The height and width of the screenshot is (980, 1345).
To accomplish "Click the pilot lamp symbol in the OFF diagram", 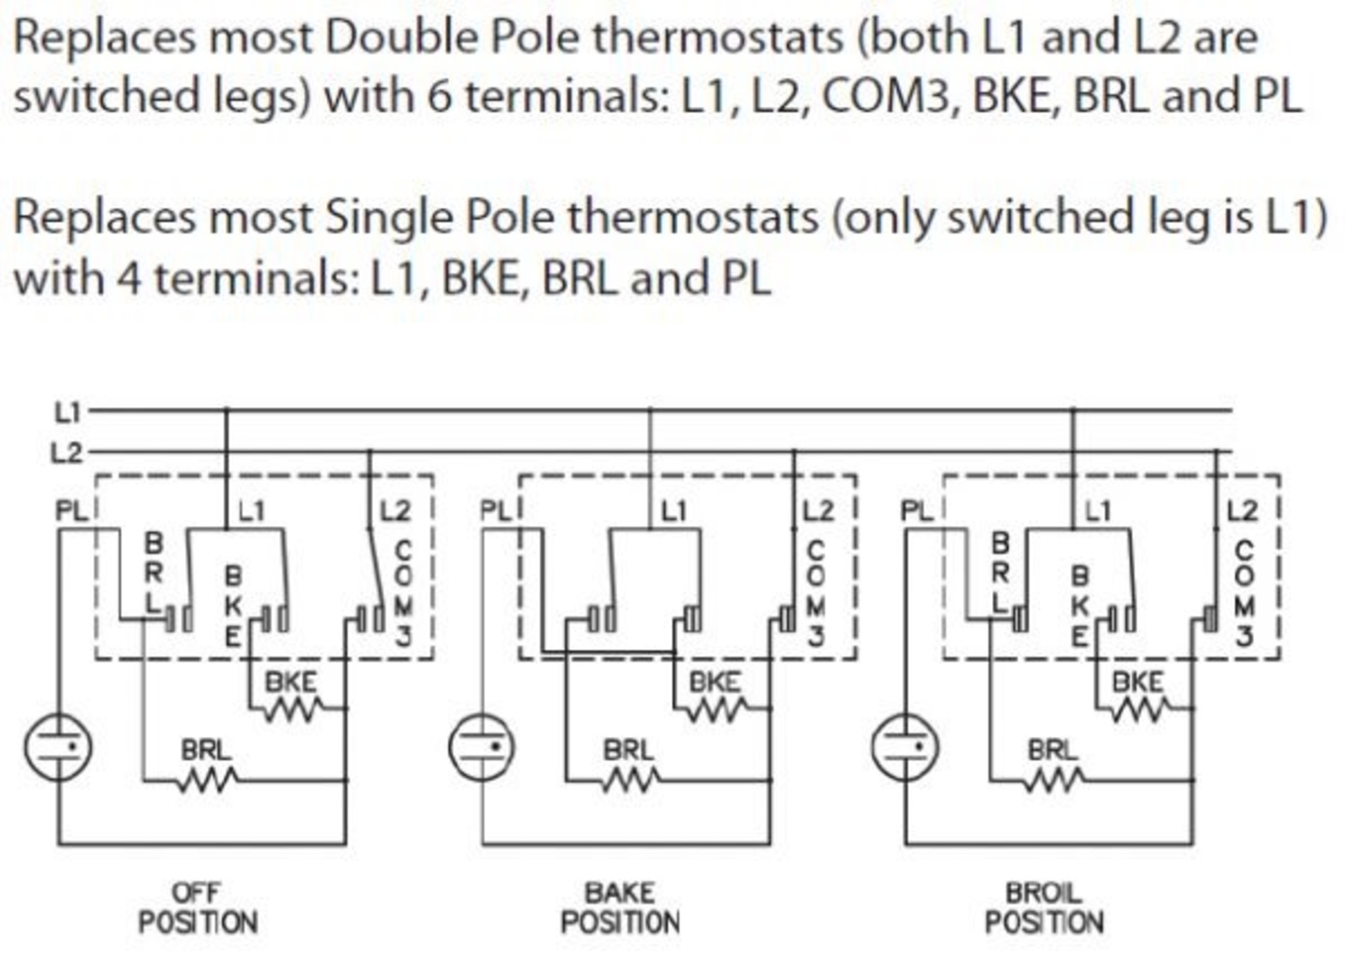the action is (x=58, y=747).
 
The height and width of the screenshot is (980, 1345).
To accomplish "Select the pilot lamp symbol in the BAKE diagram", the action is (x=482, y=747).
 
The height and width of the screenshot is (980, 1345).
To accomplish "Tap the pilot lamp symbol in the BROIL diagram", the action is (x=905, y=747).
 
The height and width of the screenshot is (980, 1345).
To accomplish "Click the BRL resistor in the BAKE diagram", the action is (x=631, y=781).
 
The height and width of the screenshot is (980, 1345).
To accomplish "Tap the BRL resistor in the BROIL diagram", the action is (x=1055, y=781).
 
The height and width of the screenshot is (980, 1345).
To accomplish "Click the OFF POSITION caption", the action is (x=198, y=908).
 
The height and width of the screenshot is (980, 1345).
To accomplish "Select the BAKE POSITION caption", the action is (x=620, y=908).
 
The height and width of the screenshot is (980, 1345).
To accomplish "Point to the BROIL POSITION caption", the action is (x=1044, y=908).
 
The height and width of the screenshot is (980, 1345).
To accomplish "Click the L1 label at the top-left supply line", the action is (x=67, y=413).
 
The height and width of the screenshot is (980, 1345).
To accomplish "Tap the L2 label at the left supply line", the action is (x=66, y=453).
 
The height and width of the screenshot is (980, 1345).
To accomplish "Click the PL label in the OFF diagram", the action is (x=71, y=511).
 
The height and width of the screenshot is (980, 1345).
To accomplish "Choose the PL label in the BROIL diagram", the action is (x=916, y=511).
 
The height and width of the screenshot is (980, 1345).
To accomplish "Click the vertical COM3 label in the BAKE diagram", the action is (x=815, y=594).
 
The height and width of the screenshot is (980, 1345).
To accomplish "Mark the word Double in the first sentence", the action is (x=401, y=37).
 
